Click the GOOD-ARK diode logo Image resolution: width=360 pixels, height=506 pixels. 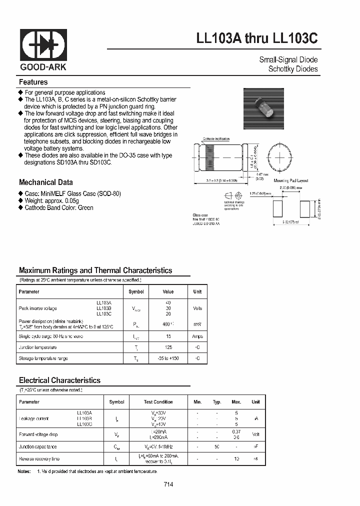click(43, 45)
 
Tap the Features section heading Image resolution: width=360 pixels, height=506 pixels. click(33, 82)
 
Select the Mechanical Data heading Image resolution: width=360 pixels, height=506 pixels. click(46, 182)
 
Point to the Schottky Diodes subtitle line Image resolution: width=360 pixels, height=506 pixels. click(292, 69)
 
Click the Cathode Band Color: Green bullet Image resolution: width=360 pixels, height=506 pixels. click(59, 207)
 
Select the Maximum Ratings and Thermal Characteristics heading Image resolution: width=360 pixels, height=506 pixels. click(95, 270)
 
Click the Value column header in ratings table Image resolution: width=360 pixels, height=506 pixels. click(168, 291)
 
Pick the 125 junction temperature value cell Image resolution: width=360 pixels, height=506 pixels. click(168, 347)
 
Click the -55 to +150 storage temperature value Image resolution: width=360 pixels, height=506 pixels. click(168, 358)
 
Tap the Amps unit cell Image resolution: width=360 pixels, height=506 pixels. click(197, 336)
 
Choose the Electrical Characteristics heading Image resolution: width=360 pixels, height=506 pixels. click(60, 380)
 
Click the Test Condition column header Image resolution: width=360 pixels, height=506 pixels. click(158, 402)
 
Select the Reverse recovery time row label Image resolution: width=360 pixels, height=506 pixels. click(39, 458)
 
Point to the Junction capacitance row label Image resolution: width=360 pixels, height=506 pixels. click(38, 446)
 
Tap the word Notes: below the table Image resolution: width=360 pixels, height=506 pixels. click(24, 471)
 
